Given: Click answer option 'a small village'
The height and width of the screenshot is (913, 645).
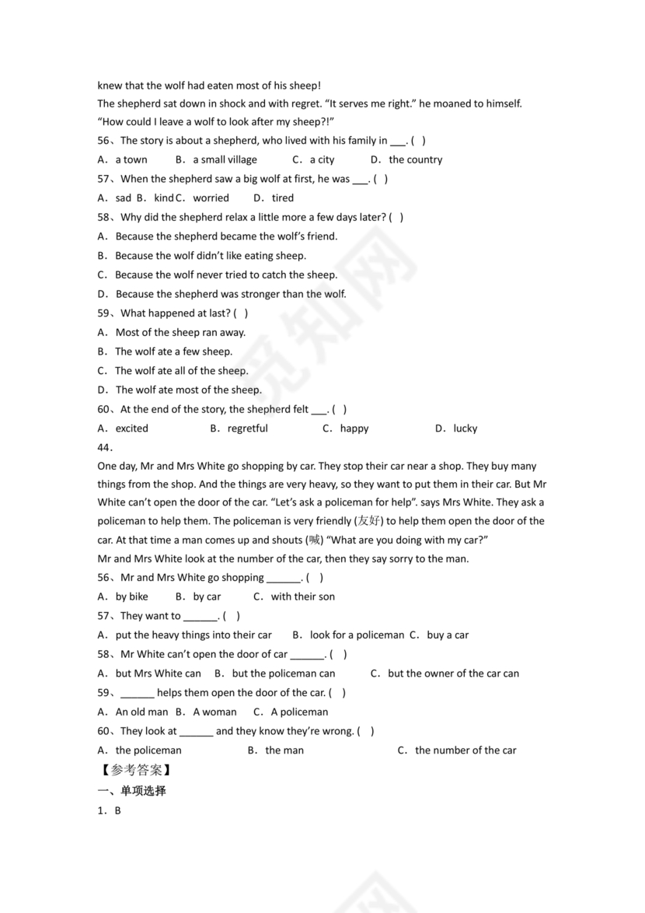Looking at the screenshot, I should (225, 159).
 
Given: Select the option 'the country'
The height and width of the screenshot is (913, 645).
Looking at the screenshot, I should (415, 159).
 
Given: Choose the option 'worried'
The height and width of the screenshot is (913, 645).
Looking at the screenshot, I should (211, 198).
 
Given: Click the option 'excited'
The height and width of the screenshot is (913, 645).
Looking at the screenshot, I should (131, 429).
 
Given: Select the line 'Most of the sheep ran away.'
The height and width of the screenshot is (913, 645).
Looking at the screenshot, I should (180, 332).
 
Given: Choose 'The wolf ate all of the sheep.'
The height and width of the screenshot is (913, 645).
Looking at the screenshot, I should (182, 371).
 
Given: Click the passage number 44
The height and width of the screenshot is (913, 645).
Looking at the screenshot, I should (105, 447).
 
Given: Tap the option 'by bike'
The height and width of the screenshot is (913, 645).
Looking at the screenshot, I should (131, 596).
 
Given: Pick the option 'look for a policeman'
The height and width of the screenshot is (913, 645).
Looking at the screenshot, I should (357, 635).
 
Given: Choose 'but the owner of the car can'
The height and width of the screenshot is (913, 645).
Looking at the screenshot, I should (453, 673).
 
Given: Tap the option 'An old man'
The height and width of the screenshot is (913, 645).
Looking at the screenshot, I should (141, 712).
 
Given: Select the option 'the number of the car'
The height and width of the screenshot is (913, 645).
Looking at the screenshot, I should (465, 750).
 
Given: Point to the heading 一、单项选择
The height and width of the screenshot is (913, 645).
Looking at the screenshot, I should (131, 791).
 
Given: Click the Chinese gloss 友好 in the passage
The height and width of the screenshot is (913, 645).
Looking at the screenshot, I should (369, 521).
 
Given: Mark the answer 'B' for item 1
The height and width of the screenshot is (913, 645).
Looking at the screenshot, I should (118, 810).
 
